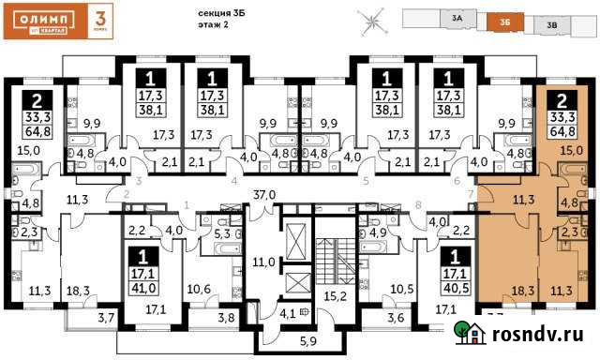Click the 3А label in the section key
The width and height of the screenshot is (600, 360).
point(457,17)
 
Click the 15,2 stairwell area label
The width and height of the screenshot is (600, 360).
point(334,298)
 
